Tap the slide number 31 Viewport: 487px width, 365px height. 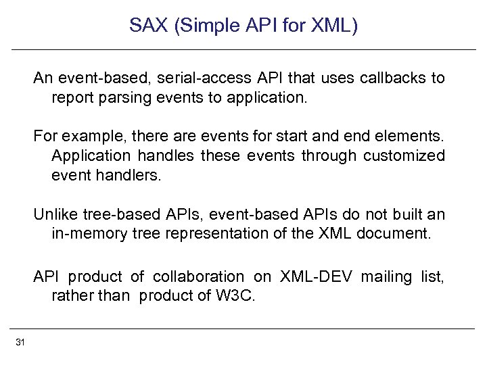click(20, 343)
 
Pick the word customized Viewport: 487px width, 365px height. click(404, 155)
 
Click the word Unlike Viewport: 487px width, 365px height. click(55, 215)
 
